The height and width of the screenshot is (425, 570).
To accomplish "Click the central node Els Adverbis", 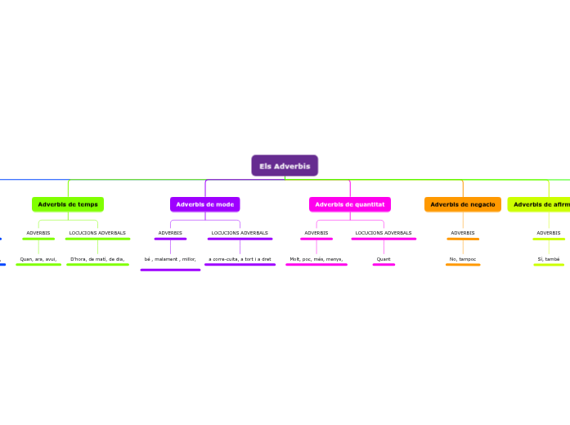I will [x=285, y=166].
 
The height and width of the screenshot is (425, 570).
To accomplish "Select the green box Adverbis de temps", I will [x=68, y=204].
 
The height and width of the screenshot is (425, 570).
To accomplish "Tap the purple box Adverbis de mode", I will [x=205, y=204].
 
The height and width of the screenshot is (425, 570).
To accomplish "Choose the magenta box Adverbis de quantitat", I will [x=350, y=204].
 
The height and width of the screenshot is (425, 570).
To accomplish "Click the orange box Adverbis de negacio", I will [x=463, y=204].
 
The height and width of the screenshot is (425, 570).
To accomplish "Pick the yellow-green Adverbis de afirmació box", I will [x=541, y=204].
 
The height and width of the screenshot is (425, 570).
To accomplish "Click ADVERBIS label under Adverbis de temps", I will [x=38, y=233].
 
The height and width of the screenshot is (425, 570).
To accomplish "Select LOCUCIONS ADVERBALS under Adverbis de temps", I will [x=97, y=233].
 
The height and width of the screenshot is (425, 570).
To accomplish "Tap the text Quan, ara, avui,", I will [x=38, y=259].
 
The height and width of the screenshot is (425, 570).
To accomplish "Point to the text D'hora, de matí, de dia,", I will [x=97, y=259].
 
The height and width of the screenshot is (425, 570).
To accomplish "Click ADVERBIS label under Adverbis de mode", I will [x=170, y=233].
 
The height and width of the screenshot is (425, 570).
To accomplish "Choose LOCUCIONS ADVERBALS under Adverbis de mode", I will [x=240, y=233].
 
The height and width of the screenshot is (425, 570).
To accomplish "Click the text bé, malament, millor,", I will [x=170, y=259].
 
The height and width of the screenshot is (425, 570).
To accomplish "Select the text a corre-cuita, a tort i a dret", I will [x=240, y=259].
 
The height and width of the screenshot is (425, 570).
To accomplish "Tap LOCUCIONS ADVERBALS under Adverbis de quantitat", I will [x=384, y=233].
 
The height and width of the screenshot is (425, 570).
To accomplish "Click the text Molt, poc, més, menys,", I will [x=316, y=259].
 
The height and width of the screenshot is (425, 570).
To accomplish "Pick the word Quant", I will [x=384, y=259].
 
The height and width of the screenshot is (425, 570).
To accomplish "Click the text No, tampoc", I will [x=463, y=259].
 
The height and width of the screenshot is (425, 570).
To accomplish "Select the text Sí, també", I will [x=549, y=259].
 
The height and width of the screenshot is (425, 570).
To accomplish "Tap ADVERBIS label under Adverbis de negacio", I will [x=463, y=233].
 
